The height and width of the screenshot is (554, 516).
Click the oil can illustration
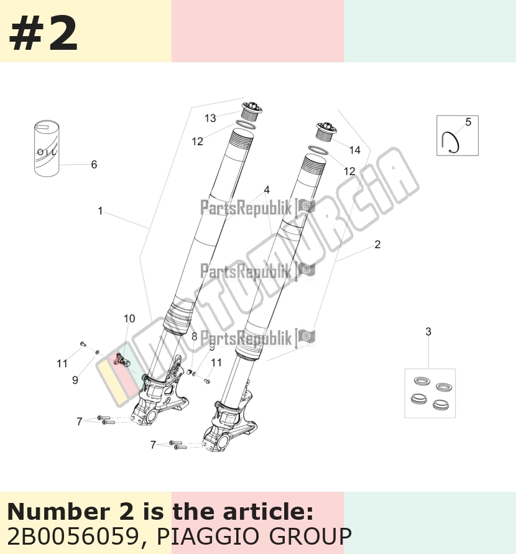(47, 148)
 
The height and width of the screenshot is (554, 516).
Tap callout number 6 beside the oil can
(94, 164)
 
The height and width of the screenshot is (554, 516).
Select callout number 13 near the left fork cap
(210, 118)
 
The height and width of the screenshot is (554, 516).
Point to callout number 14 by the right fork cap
(355, 150)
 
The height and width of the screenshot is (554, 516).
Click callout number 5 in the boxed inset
(468, 122)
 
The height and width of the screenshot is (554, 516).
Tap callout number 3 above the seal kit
(428, 331)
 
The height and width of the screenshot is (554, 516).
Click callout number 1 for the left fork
(100, 211)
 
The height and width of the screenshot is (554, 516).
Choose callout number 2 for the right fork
(377, 244)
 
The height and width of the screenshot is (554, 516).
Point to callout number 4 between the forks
(267, 190)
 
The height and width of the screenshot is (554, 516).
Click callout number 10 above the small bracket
(129, 318)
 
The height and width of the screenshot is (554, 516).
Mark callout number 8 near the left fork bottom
(194, 336)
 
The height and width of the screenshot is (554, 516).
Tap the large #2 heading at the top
(43, 34)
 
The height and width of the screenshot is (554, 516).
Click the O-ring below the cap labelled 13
(246, 124)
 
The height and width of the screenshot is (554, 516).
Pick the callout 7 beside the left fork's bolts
(80, 421)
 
